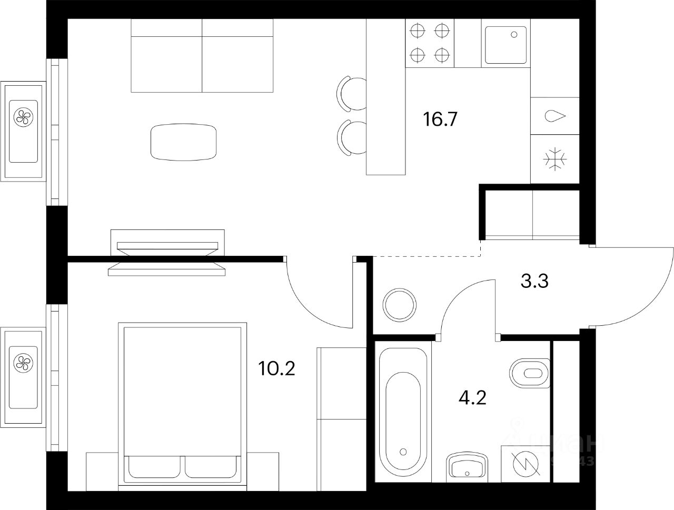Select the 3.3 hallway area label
(x=534, y=282)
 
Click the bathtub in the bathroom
(x=403, y=411)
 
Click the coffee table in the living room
(x=183, y=142)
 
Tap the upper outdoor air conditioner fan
(x=23, y=116)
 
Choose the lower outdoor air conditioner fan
(x=23, y=362)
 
